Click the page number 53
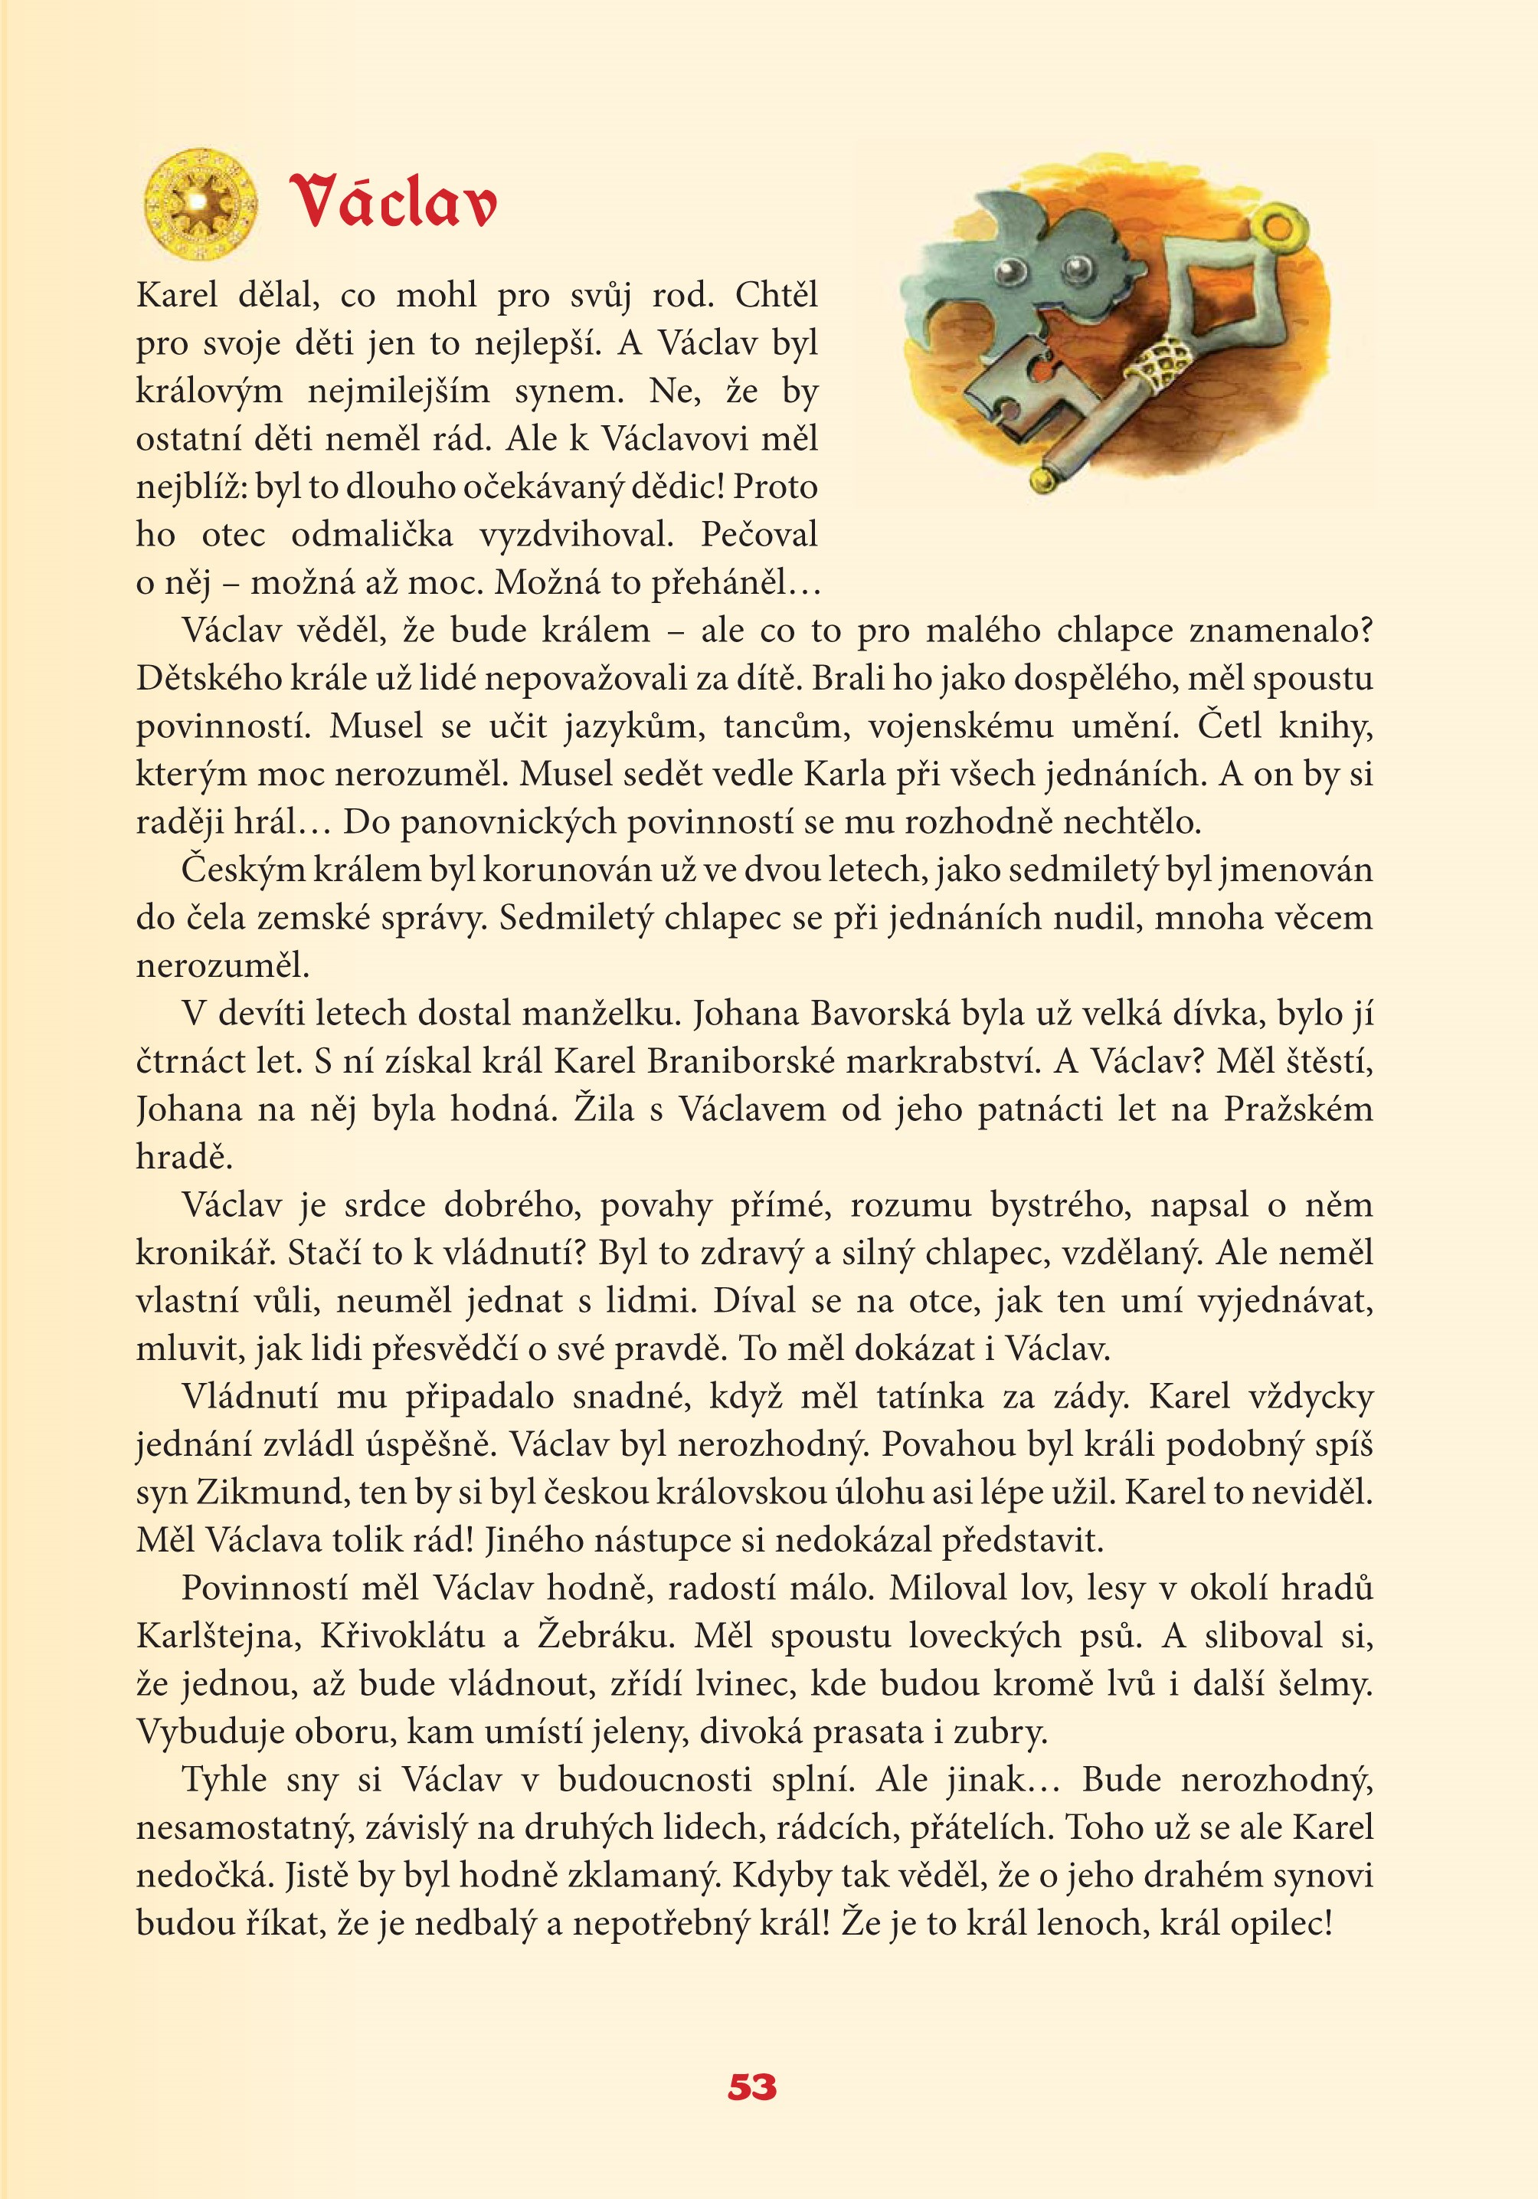point(751,2087)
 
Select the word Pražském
point(1297,1109)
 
